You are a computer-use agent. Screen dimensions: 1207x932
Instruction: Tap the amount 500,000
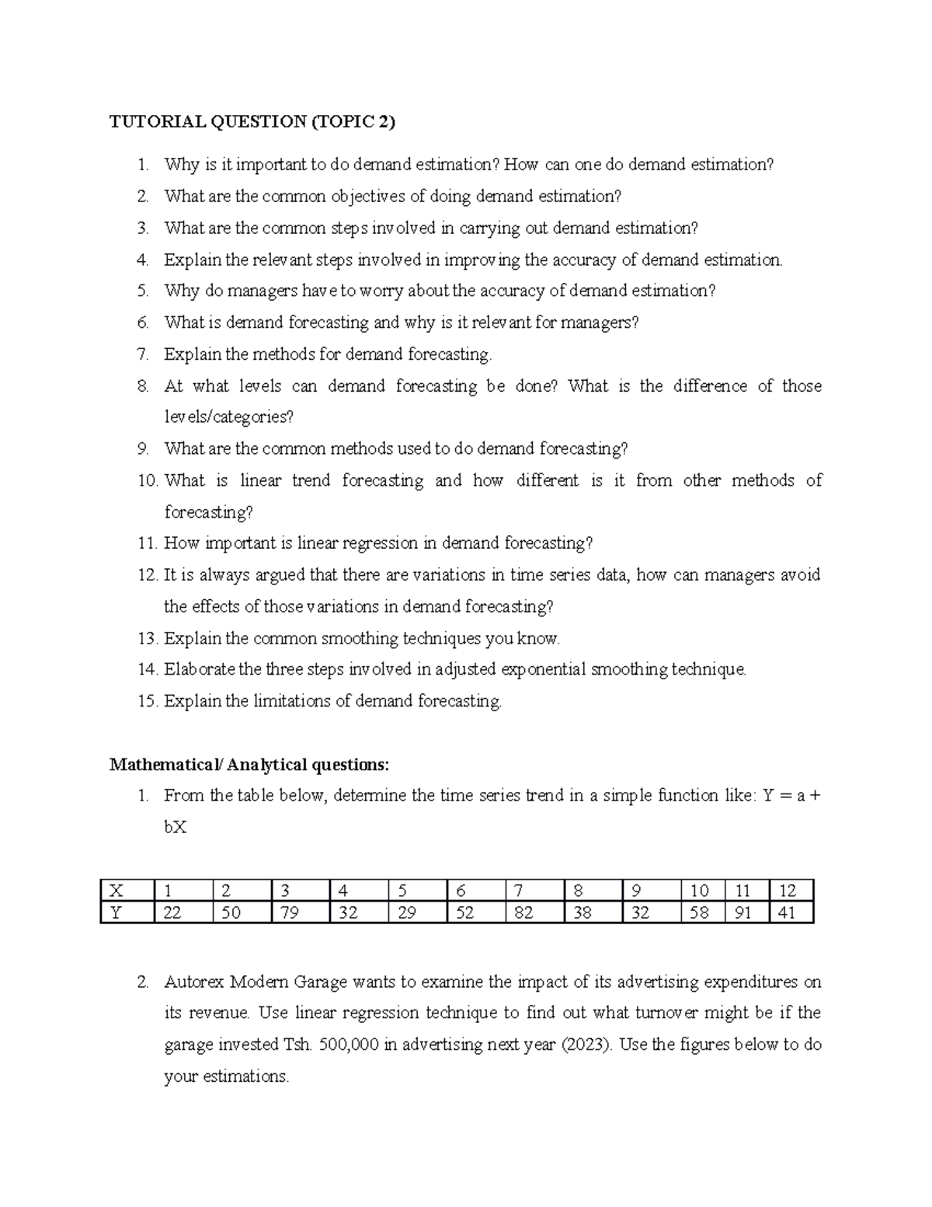348,1045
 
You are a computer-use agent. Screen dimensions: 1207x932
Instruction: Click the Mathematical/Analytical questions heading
249,765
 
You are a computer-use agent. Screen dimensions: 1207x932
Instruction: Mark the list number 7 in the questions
141,354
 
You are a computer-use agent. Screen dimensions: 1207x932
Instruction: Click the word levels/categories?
229,417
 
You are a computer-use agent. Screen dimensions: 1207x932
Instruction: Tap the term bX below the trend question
175,828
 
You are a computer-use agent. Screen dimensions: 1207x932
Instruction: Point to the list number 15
148,701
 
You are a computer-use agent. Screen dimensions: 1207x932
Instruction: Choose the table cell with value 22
172,912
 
